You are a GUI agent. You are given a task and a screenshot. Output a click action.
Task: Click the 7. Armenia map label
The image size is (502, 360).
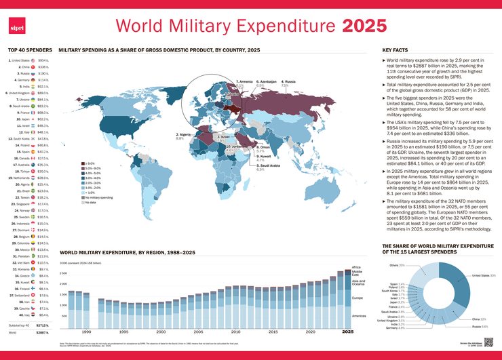244,82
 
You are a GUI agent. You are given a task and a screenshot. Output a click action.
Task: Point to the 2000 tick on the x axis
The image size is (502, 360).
161,332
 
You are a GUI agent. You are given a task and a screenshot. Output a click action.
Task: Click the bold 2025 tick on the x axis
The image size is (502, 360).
347,332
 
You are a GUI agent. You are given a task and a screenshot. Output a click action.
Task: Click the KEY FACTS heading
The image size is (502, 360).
395,50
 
